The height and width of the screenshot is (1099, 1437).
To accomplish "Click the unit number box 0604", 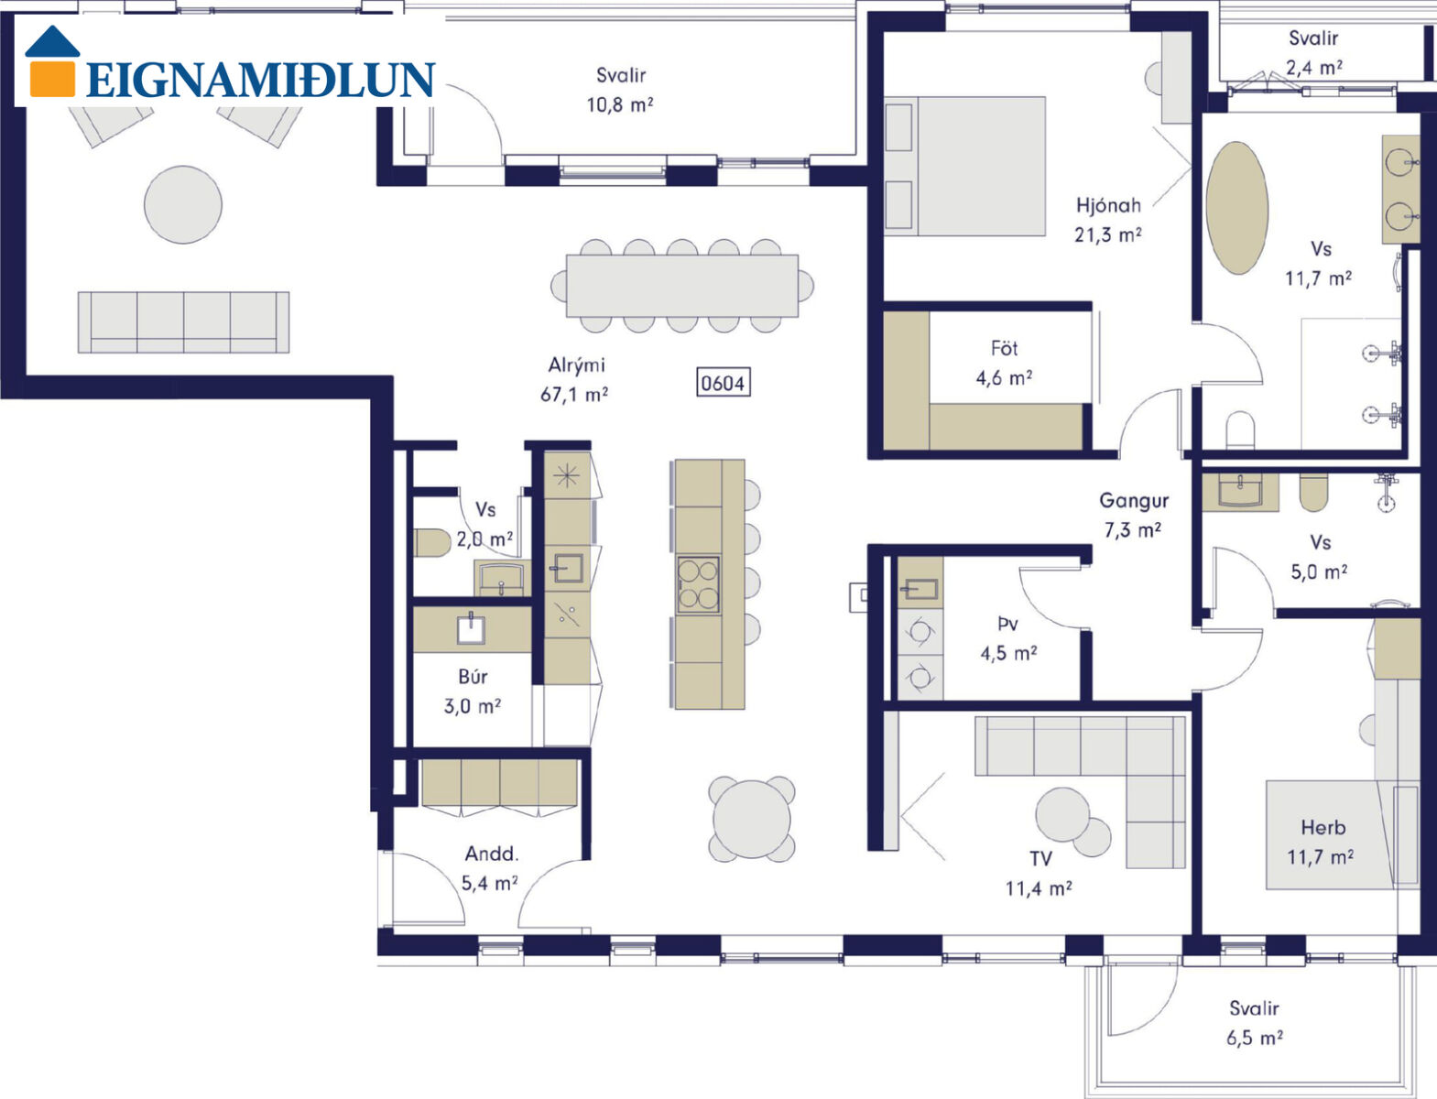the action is [723, 383].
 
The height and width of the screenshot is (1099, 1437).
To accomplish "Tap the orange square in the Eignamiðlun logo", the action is [52, 79].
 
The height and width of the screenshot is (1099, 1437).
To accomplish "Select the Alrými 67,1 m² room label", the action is [575, 380].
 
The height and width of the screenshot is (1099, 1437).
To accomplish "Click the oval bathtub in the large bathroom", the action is [1236, 208].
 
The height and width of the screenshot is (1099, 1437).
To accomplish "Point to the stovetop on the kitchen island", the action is [699, 584].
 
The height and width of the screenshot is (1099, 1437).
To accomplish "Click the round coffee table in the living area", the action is [182, 205].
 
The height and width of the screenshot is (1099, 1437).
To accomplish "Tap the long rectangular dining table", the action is [682, 286].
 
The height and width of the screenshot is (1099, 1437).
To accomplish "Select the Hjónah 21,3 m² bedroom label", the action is [1108, 220].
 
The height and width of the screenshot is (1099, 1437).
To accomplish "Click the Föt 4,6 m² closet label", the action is [1005, 363].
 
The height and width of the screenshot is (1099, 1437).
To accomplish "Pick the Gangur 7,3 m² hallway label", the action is [1133, 515].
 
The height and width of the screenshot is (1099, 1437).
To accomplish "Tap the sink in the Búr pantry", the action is [471, 629].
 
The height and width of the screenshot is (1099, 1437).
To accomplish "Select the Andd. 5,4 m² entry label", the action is [490, 868].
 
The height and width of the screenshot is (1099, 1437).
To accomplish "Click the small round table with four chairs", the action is [752, 819].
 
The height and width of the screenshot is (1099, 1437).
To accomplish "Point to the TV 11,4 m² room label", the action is [1039, 874].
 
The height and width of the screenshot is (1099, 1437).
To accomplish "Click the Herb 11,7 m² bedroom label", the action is [1321, 843].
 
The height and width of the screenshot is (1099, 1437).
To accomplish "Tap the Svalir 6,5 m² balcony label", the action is [1255, 1023].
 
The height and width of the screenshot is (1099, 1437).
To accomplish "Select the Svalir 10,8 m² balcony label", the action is [620, 90].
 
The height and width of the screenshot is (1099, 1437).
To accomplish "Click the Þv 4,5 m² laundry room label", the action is [1008, 639].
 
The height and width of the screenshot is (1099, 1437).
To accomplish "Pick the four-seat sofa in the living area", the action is [184, 322].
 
